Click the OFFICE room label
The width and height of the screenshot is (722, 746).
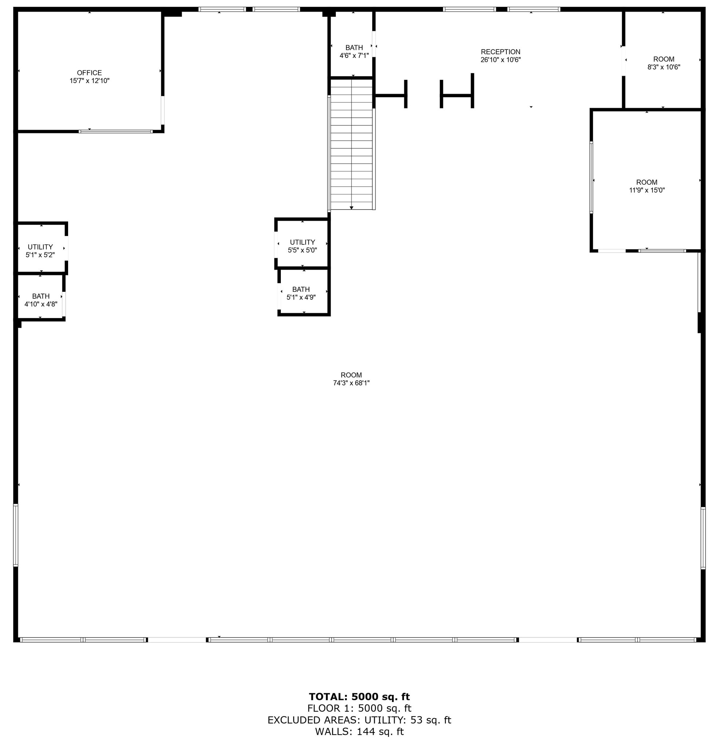tap(90, 73)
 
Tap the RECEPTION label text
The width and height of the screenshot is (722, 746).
tap(500, 52)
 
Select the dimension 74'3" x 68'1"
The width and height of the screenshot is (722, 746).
tap(351, 383)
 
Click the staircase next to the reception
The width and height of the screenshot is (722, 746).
tap(351, 145)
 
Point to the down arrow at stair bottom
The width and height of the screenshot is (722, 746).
tap(351, 208)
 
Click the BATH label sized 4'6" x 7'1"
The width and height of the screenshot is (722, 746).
tap(354, 48)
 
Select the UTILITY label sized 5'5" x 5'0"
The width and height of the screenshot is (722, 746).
tap(302, 242)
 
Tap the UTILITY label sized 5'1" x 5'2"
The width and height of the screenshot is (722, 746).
tap(40, 247)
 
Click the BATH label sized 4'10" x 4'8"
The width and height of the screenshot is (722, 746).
tap(41, 296)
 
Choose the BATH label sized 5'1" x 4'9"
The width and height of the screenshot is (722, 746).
tap(301, 289)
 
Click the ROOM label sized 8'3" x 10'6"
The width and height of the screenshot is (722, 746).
tap(663, 59)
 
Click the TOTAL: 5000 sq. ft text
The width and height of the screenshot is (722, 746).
tap(359, 696)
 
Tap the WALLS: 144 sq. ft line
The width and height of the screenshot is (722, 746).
tap(359, 731)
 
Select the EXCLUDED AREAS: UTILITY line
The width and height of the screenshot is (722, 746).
tap(359, 720)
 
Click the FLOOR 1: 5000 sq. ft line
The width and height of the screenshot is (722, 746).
tap(359, 708)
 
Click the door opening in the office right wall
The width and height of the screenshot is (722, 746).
tap(162, 110)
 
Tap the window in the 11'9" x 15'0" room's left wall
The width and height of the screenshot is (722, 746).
tap(591, 177)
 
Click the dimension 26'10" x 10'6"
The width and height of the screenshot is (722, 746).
tap(500, 60)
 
